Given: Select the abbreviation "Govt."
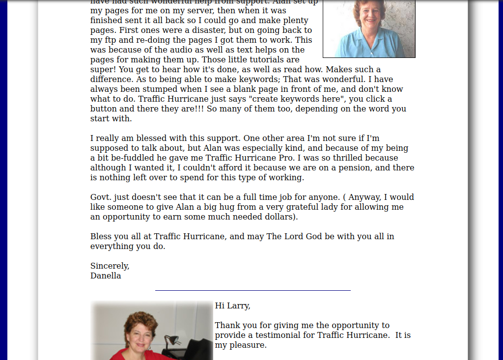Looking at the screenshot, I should (x=101, y=197).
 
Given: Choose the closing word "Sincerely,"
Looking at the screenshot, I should (x=110, y=266).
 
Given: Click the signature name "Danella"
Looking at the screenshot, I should (x=106, y=276).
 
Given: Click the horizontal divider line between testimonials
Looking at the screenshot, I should (x=252, y=290).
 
